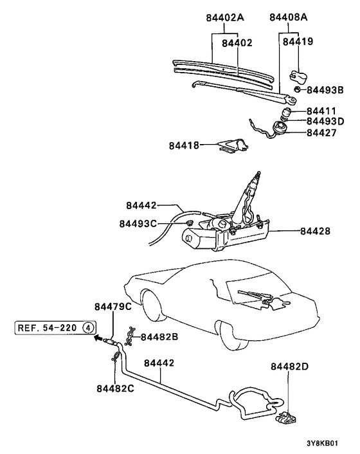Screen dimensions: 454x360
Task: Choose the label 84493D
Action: click(328, 122)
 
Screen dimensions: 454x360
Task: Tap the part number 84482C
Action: click(116, 388)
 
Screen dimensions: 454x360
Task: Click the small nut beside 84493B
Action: click(298, 89)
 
